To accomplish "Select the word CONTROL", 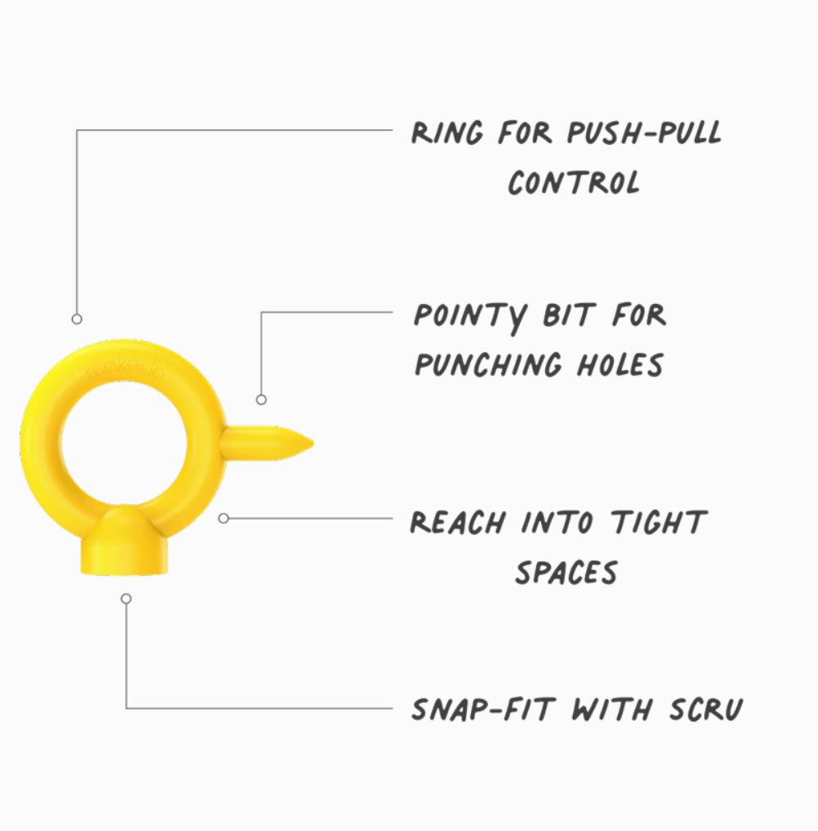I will [573, 182].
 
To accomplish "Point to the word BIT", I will [568, 315].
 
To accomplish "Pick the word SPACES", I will [566, 572].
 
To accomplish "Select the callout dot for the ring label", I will [77, 319].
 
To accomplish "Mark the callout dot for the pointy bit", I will [261, 400].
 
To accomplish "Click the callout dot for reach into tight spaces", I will [224, 518].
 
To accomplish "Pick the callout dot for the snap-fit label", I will [126, 599].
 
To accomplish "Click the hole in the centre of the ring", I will [125, 443].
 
